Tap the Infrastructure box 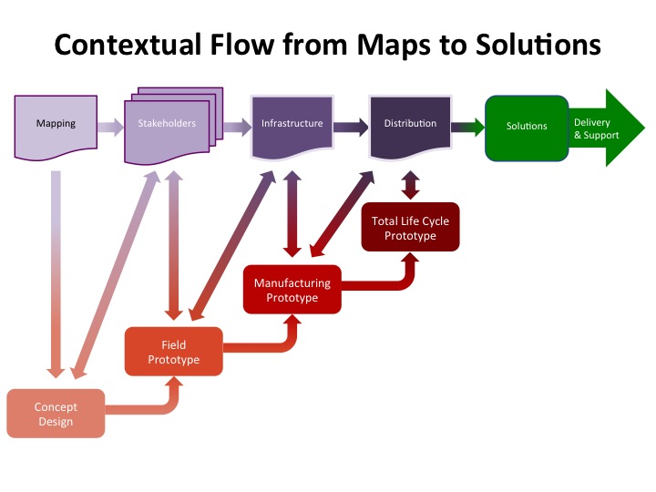tap(292, 124)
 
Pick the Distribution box tap(410, 124)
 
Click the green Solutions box tap(527, 126)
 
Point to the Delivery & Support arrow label tap(598, 128)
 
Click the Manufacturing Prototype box tap(292, 291)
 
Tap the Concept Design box tap(56, 414)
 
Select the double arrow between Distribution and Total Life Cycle tap(410, 186)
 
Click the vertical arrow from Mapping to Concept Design tap(56, 273)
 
